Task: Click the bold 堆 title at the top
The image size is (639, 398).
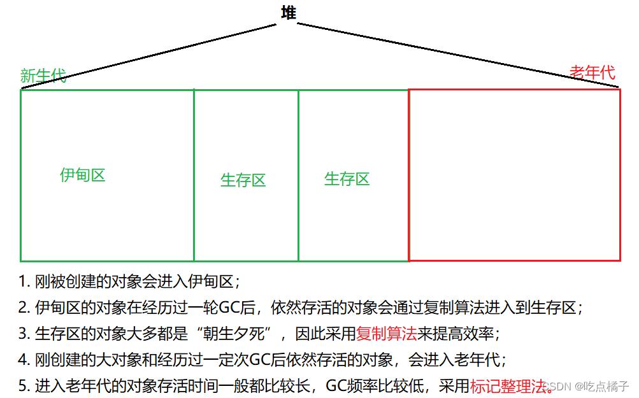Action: tap(289, 13)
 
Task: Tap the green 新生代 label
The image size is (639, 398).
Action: tap(43, 76)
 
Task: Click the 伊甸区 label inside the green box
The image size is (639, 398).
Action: tap(83, 175)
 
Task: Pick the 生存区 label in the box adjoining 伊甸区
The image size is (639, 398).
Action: tap(243, 180)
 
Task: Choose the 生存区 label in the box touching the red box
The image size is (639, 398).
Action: tap(347, 179)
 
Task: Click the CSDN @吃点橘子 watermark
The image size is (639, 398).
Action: tap(589, 386)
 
